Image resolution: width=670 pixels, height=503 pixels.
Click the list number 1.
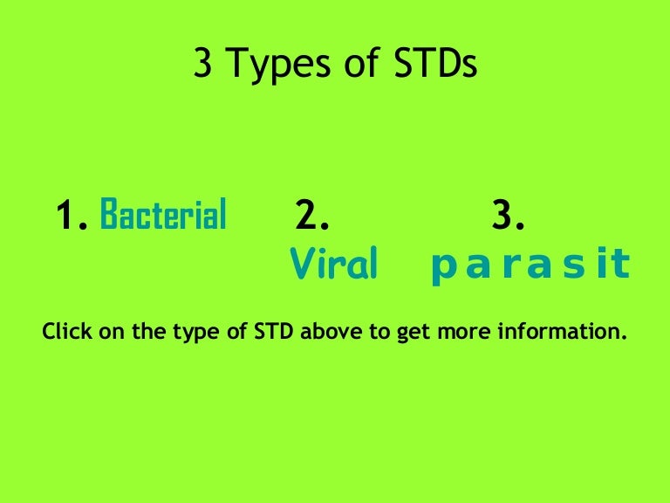pos(72,215)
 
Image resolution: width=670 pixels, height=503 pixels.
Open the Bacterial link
pos(164,214)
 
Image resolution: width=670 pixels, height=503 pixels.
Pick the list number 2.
pos(312,215)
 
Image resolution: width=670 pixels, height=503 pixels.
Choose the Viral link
pos(333,264)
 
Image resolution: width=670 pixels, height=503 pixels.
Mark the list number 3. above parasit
pos(509,215)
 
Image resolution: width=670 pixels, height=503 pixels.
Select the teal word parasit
pos(530,265)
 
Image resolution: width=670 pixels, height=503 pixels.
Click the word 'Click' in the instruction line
pos(65,333)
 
